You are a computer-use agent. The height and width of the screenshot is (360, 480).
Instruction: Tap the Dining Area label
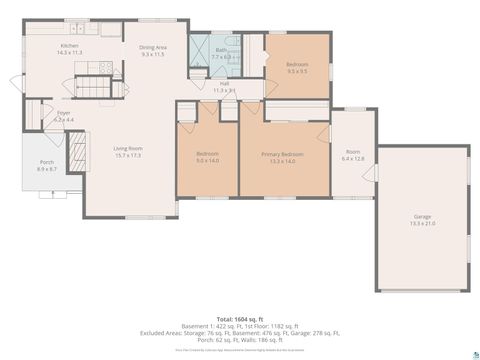pyautogui.click(x=152, y=50)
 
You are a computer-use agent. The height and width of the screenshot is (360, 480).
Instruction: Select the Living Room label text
pyautogui.click(x=128, y=152)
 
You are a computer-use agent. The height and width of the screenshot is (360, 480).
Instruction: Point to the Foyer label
pyautogui.click(x=63, y=117)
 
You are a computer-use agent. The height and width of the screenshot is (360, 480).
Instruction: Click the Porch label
pyautogui.click(x=46, y=167)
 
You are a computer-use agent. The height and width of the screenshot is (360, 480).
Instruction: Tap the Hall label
pyautogui.click(x=224, y=88)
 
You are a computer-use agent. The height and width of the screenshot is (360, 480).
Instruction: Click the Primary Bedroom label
pyautogui.click(x=283, y=158)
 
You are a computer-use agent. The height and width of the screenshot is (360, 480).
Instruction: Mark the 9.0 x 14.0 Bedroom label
pyautogui.click(x=208, y=158)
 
